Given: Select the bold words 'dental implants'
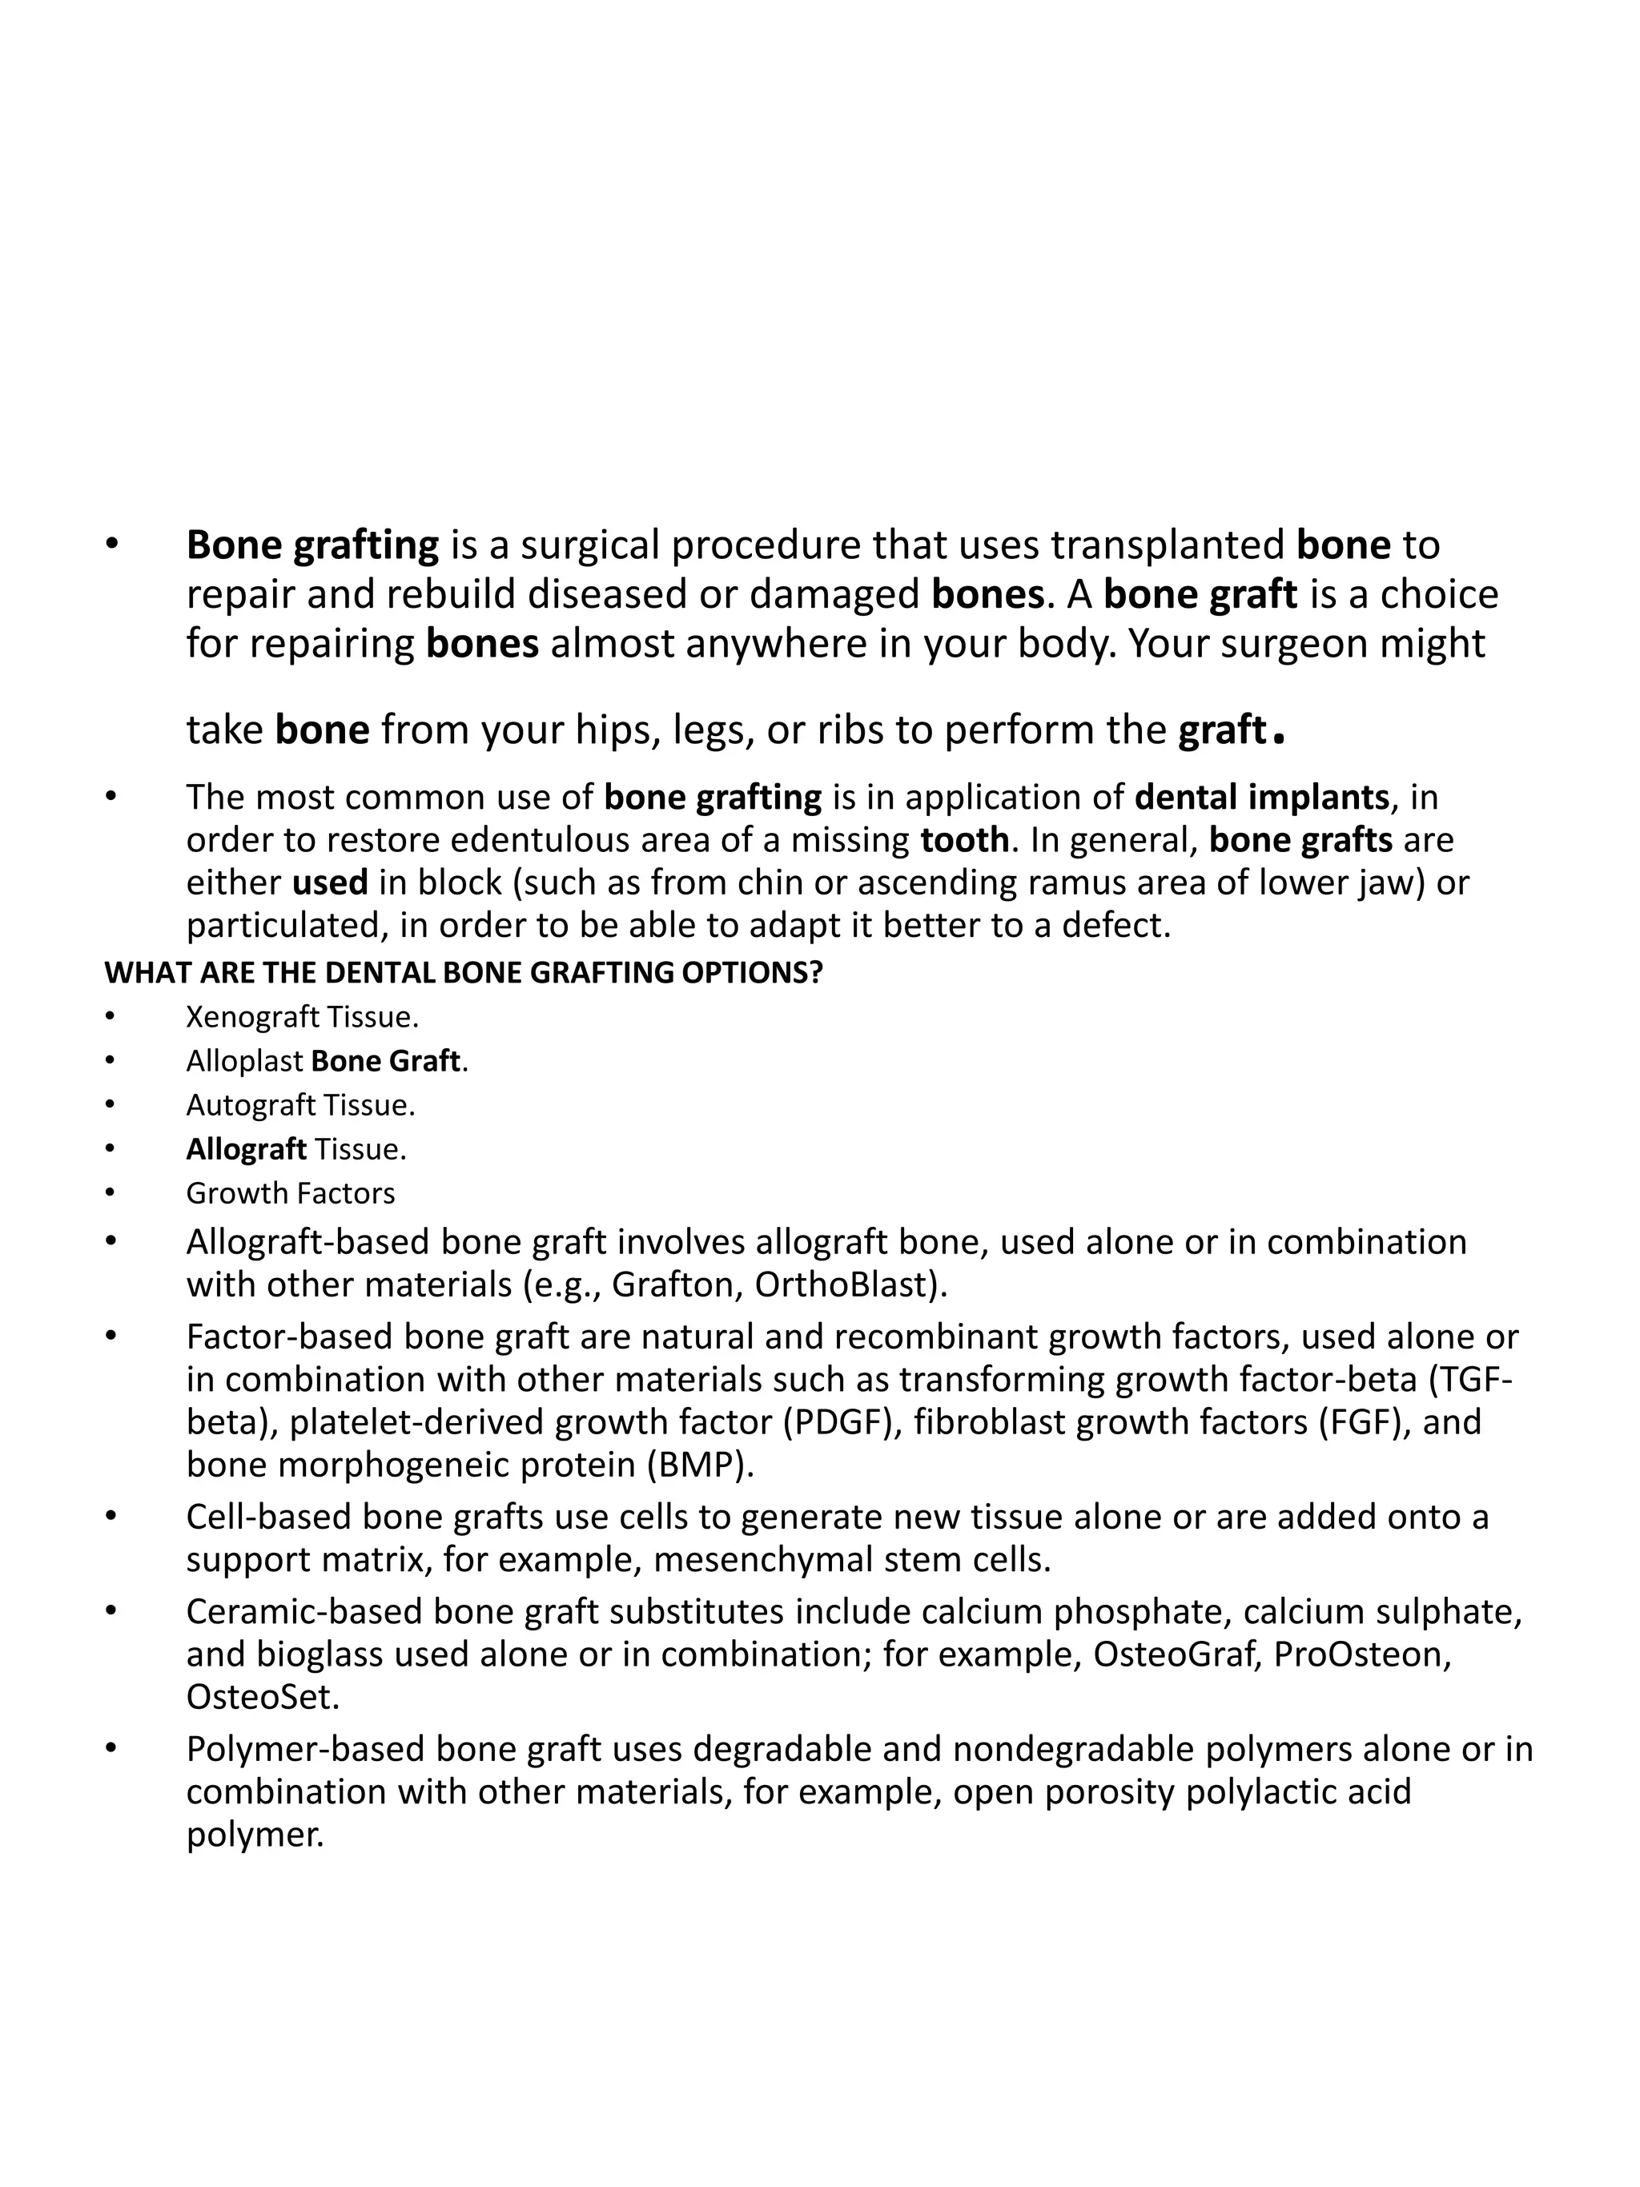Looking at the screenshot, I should [x=1261, y=797].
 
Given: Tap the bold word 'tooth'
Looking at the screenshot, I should [x=964, y=839].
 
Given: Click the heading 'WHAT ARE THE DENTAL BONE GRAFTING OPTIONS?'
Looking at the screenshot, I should [x=463, y=973].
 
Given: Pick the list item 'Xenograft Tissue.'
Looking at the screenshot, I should [x=303, y=1016].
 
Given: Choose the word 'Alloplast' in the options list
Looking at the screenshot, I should [x=244, y=1061].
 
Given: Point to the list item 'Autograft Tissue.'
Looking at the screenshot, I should [x=300, y=1104].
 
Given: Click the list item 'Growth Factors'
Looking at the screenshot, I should [x=290, y=1193].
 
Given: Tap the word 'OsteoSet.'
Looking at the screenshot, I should [x=263, y=1697].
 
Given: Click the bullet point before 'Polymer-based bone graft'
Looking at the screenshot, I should [x=111, y=1749].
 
